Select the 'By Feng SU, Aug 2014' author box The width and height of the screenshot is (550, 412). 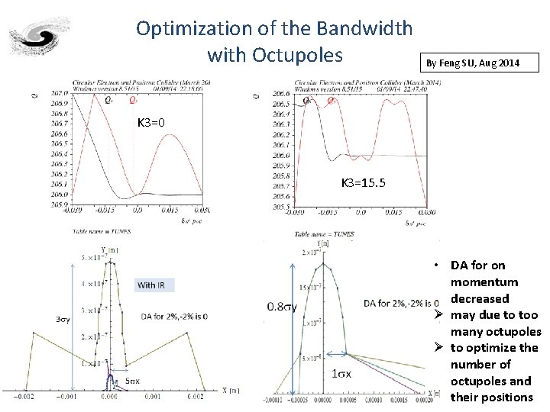471,63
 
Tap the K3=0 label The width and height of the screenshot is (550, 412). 150,123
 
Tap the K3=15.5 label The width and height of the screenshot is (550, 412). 363,183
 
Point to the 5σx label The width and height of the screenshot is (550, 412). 131,380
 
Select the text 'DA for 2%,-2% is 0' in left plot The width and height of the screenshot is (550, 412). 174,317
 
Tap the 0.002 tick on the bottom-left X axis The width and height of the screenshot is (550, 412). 196,397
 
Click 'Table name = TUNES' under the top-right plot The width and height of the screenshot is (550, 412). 328,233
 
